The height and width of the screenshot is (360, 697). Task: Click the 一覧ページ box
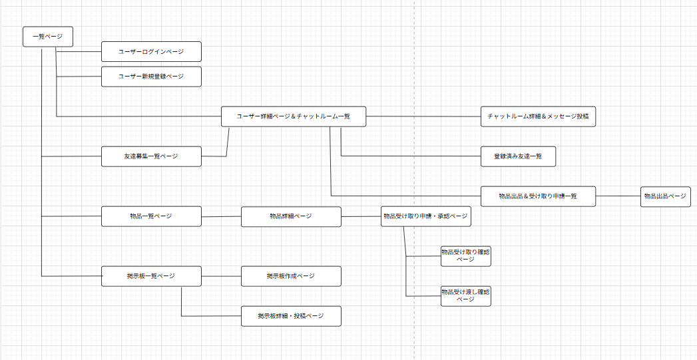point(47,37)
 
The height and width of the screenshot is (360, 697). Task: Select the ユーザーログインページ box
point(151,51)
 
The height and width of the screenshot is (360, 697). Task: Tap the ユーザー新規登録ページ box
point(151,77)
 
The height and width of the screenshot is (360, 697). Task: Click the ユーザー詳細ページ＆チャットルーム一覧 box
point(294,116)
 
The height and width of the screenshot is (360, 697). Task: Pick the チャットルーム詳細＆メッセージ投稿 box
point(538,116)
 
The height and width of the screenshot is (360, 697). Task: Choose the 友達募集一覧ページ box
point(151,156)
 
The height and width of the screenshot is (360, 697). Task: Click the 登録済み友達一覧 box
point(518,156)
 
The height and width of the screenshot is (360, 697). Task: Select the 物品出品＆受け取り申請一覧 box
point(538,196)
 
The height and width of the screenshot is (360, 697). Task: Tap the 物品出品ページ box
point(665,196)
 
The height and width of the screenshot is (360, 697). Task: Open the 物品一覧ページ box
point(151,216)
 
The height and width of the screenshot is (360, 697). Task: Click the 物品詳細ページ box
point(291,216)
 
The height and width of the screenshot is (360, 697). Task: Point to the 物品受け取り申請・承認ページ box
point(425,216)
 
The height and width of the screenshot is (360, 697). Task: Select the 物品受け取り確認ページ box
point(466,256)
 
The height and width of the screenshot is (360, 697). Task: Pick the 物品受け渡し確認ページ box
point(466,296)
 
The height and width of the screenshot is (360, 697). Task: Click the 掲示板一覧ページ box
point(151,276)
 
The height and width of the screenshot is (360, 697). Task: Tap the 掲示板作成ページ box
point(291,276)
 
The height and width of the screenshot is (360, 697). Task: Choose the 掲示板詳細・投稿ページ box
point(291,316)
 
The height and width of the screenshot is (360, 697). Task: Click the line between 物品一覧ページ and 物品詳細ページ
point(221,216)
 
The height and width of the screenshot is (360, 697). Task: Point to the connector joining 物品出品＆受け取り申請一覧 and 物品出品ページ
point(618,196)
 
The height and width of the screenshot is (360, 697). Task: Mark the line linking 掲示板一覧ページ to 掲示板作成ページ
point(221,276)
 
